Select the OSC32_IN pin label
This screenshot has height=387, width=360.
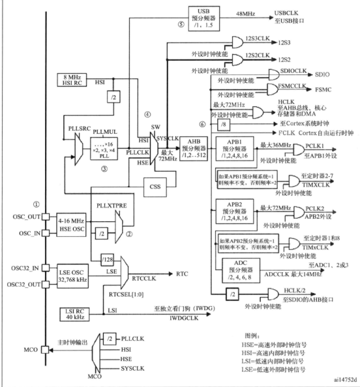pyautogui.click(x=23, y=268)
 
